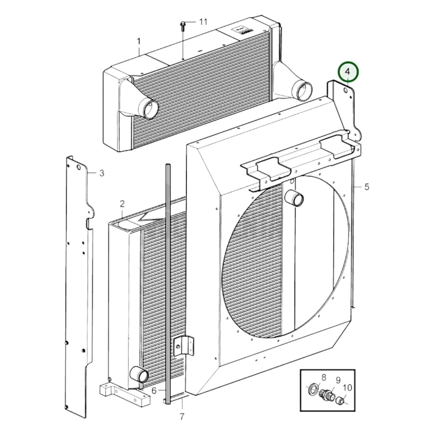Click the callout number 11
tap(203, 22)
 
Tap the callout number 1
tap(139, 41)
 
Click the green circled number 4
tap(348, 71)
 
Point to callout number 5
tap(367, 187)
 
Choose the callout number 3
tap(102, 173)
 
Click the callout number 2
tap(122, 204)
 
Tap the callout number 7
tap(182, 417)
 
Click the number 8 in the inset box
tap(323, 378)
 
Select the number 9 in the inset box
tap(338, 381)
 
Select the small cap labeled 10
tap(340, 400)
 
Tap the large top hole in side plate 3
tap(79, 167)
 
